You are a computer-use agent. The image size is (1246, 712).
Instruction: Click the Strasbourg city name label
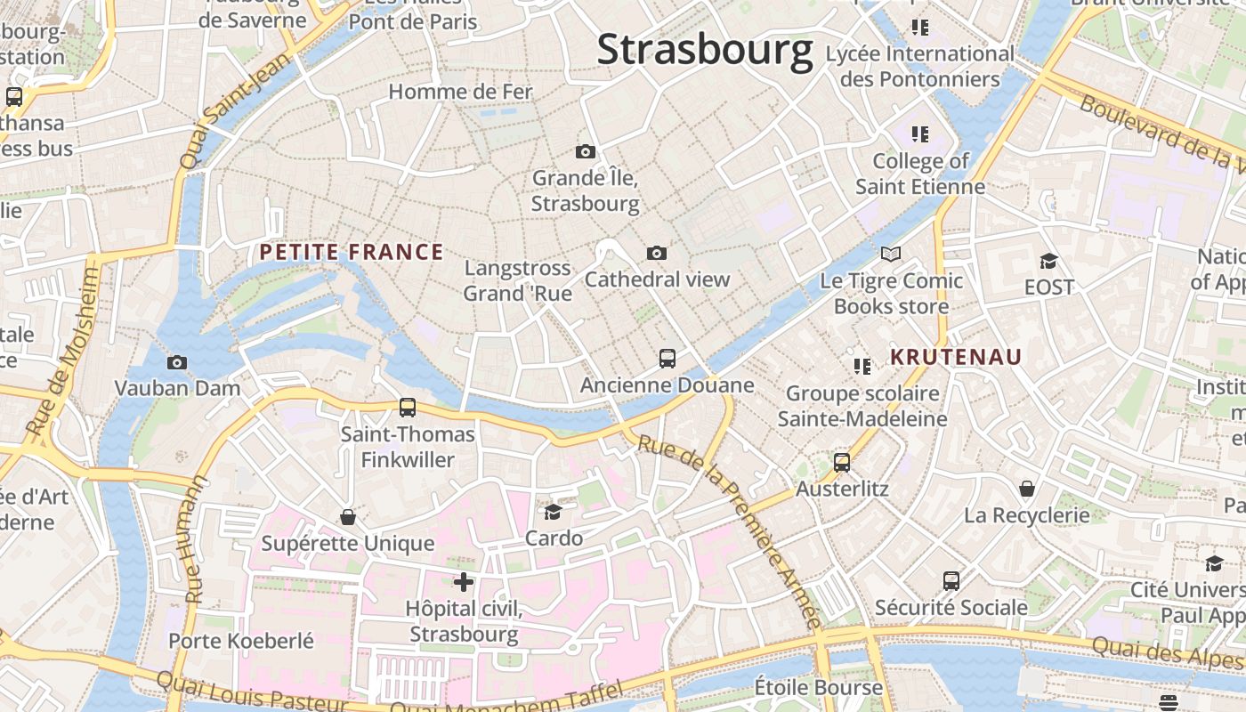tap(705, 50)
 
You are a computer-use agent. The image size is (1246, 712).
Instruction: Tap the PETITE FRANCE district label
tap(352, 252)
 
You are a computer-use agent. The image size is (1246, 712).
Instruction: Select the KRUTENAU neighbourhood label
tap(957, 358)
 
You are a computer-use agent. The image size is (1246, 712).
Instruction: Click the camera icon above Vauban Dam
tap(177, 362)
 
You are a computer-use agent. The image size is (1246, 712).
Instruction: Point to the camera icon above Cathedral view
tap(657, 253)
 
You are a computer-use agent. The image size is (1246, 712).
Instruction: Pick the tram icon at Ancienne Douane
tap(667, 359)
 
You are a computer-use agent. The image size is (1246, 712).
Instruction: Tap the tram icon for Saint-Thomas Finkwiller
tap(408, 408)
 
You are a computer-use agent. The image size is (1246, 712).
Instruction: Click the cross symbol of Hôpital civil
tap(464, 582)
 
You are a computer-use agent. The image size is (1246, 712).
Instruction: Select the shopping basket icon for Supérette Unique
tap(348, 517)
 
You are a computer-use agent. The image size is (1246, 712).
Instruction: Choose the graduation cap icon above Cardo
tap(553, 512)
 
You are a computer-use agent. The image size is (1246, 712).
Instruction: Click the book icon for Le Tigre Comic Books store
tap(891, 255)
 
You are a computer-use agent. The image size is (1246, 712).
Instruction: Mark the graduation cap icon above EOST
tap(1049, 261)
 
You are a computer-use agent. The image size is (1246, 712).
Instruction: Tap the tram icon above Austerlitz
tap(842, 463)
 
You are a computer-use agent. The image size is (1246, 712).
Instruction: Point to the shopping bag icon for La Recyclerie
tap(1027, 489)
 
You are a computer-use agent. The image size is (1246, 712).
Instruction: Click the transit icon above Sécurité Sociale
tap(951, 581)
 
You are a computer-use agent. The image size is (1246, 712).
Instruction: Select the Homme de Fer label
tap(461, 92)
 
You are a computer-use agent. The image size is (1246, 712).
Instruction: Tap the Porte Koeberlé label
tap(241, 641)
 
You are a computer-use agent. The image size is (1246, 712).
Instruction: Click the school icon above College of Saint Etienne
tap(920, 134)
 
